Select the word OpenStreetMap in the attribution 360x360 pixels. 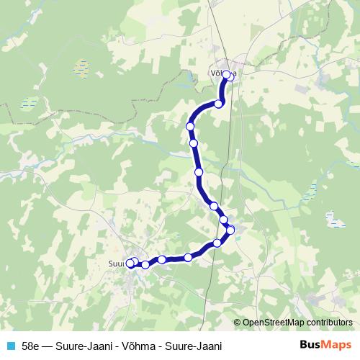[x=273, y=323]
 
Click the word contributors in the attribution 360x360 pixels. [x=328, y=323]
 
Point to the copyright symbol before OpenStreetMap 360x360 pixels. [x=238, y=323]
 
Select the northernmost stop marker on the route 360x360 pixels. [x=227, y=75]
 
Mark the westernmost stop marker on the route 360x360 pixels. [x=130, y=263]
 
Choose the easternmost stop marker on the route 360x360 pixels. [x=230, y=230]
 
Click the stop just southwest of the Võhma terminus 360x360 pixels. [x=219, y=104]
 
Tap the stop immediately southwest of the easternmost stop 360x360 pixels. [x=217, y=243]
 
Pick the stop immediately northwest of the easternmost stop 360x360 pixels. [x=223, y=220]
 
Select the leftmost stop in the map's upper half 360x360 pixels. [x=191, y=127]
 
